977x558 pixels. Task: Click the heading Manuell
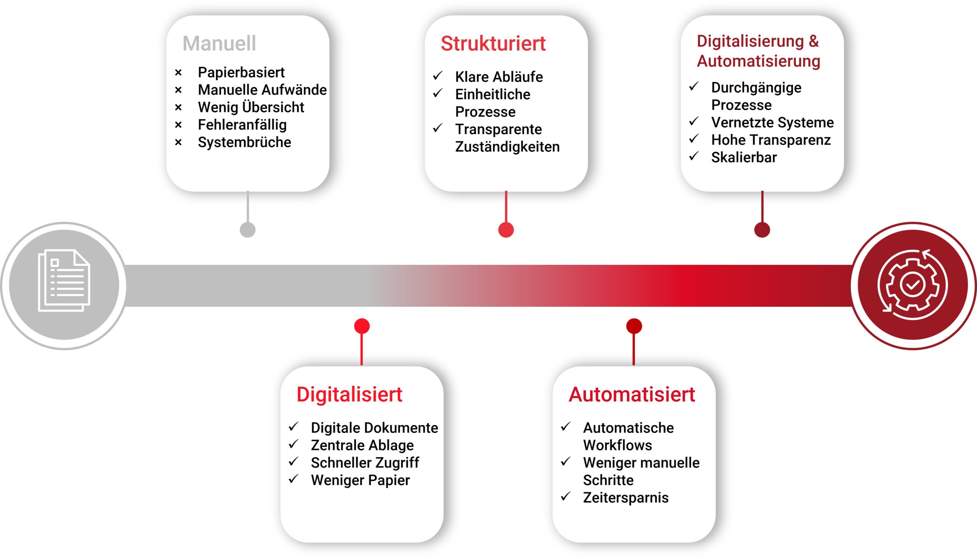click(219, 43)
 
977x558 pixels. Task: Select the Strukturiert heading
click(493, 43)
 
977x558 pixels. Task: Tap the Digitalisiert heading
click(350, 394)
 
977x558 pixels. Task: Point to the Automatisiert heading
click(632, 394)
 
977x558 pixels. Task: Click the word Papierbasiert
click(241, 73)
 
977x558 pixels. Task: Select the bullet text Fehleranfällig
click(242, 125)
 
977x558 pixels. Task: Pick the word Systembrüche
click(245, 142)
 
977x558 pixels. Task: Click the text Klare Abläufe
click(499, 77)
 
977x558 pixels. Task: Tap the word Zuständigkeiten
click(507, 147)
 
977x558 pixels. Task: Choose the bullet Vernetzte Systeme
click(772, 123)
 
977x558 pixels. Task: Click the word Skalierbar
click(744, 158)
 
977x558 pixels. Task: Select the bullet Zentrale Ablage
click(362, 445)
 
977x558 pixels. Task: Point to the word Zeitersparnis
click(626, 498)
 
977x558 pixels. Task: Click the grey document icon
click(64, 280)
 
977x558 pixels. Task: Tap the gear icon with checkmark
click(913, 285)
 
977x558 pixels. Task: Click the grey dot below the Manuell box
click(248, 230)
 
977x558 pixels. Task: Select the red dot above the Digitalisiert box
click(362, 327)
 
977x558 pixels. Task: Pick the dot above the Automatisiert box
click(634, 327)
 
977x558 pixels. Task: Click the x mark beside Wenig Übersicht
click(178, 107)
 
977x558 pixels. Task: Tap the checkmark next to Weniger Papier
click(293, 479)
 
